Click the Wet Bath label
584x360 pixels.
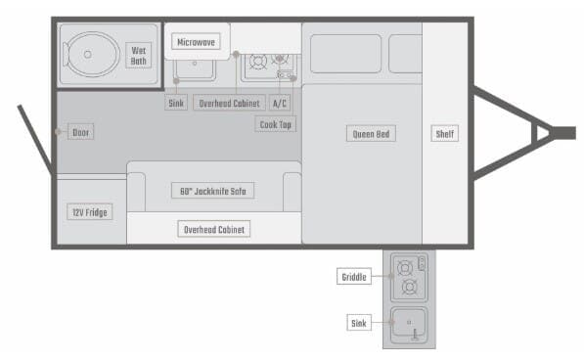[x=139, y=56]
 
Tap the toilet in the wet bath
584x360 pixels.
[x=91, y=55]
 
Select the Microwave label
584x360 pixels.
[x=196, y=42]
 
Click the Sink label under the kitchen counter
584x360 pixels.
[x=176, y=103]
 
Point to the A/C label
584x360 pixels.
[x=280, y=103]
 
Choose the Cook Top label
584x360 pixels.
[x=276, y=124]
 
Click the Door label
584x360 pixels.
[x=80, y=132]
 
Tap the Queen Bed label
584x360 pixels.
[x=371, y=134]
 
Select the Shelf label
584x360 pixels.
[x=445, y=133]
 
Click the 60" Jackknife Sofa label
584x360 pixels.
[x=212, y=191]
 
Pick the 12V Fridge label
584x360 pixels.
[x=90, y=212]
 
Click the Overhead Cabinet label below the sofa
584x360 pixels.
[x=214, y=229]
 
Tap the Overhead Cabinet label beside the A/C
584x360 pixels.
[x=229, y=103]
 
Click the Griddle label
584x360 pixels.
[x=354, y=276]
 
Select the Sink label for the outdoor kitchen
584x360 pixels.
[x=359, y=323]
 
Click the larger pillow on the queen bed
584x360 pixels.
[x=345, y=54]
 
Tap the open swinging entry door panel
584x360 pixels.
[x=35, y=139]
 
